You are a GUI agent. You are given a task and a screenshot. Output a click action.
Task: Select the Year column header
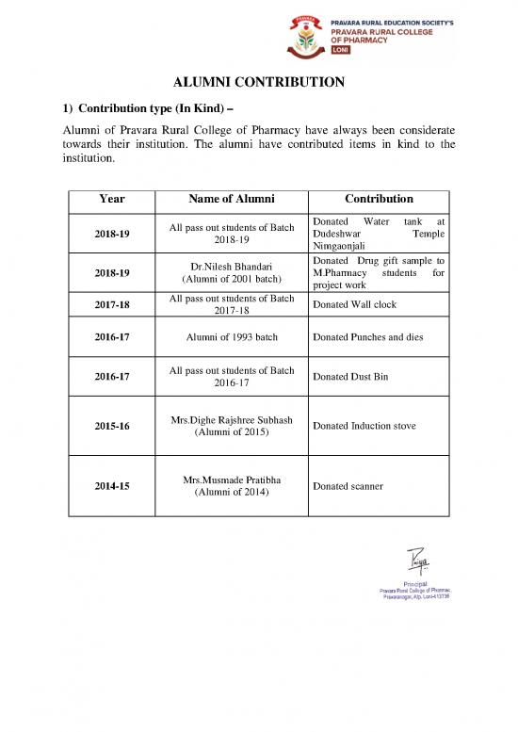pos(111,200)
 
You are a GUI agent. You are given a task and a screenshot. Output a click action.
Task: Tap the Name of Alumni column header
pos(231,200)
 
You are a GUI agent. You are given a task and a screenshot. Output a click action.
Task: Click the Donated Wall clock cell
pos(348,305)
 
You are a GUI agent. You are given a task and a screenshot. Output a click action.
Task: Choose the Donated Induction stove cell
pos(364,426)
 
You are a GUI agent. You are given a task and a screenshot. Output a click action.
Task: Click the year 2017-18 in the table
pos(111,305)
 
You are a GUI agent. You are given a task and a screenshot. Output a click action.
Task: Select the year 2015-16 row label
pos(111,426)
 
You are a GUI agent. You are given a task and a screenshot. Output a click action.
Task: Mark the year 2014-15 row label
pos(111,486)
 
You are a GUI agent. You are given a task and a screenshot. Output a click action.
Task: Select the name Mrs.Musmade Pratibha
pos(231,480)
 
